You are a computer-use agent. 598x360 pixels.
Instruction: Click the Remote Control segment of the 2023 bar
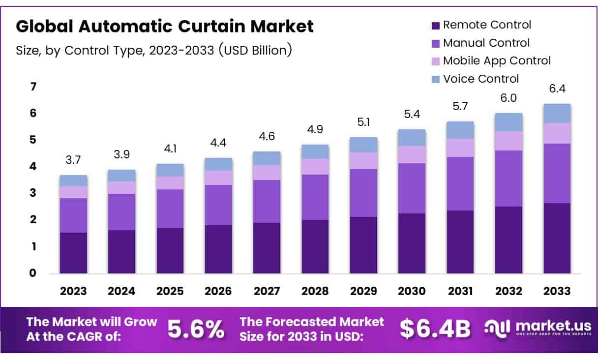click(73, 253)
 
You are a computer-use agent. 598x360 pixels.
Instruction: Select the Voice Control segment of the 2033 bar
click(557, 113)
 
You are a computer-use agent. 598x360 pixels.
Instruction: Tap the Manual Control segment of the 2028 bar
click(315, 197)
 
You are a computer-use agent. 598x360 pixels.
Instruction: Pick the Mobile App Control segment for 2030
click(412, 154)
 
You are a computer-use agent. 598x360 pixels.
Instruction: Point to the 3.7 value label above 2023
click(73, 160)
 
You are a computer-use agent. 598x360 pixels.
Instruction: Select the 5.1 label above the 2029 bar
click(363, 122)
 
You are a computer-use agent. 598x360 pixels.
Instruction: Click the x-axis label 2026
click(218, 291)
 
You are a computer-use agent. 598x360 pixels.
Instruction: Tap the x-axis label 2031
click(460, 291)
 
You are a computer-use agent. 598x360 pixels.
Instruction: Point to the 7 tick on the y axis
click(33, 87)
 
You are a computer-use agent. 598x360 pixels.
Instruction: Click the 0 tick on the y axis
click(33, 273)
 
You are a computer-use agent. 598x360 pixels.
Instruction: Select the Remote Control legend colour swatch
click(435, 25)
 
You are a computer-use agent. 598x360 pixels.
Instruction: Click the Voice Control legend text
click(480, 79)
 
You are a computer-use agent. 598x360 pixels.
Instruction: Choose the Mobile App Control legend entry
click(497, 60)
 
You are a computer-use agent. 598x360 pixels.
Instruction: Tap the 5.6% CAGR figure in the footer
click(196, 329)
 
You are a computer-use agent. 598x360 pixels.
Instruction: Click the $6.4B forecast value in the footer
click(435, 329)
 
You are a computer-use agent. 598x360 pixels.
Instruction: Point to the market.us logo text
click(542, 326)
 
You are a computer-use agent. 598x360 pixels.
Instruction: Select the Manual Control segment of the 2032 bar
click(508, 179)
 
